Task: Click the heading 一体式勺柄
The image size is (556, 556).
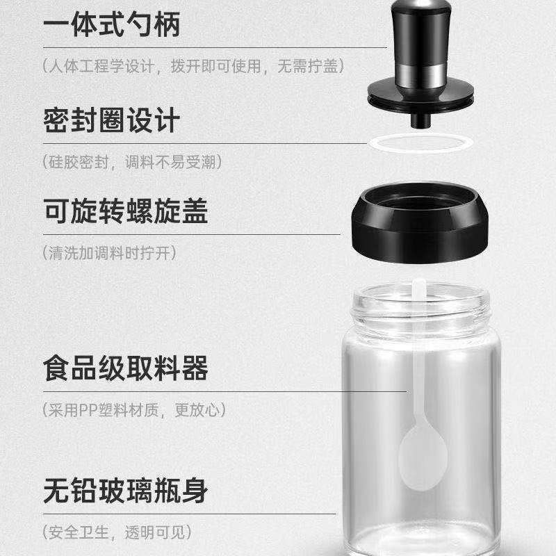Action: [x=112, y=24]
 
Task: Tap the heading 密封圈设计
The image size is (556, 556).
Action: [x=112, y=120]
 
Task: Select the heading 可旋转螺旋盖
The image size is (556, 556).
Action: [x=126, y=211]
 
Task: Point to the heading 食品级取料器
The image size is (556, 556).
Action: [x=126, y=368]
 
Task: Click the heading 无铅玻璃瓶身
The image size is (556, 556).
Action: [x=126, y=491]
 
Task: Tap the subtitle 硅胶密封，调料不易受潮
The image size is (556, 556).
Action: [x=132, y=163]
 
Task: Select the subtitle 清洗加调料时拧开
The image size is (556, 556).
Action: [x=109, y=253]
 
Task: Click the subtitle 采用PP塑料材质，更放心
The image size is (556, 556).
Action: [x=134, y=410]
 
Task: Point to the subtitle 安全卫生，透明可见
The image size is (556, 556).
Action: [x=117, y=532]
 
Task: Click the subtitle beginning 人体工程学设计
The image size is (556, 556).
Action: [x=194, y=66]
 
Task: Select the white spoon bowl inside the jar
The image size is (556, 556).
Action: [x=422, y=458]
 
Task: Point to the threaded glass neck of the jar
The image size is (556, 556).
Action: [x=420, y=312]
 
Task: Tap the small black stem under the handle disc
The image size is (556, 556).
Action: [x=420, y=120]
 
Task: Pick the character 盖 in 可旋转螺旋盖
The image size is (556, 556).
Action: [x=195, y=211]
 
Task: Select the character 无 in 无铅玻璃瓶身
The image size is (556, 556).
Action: [x=56, y=491]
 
